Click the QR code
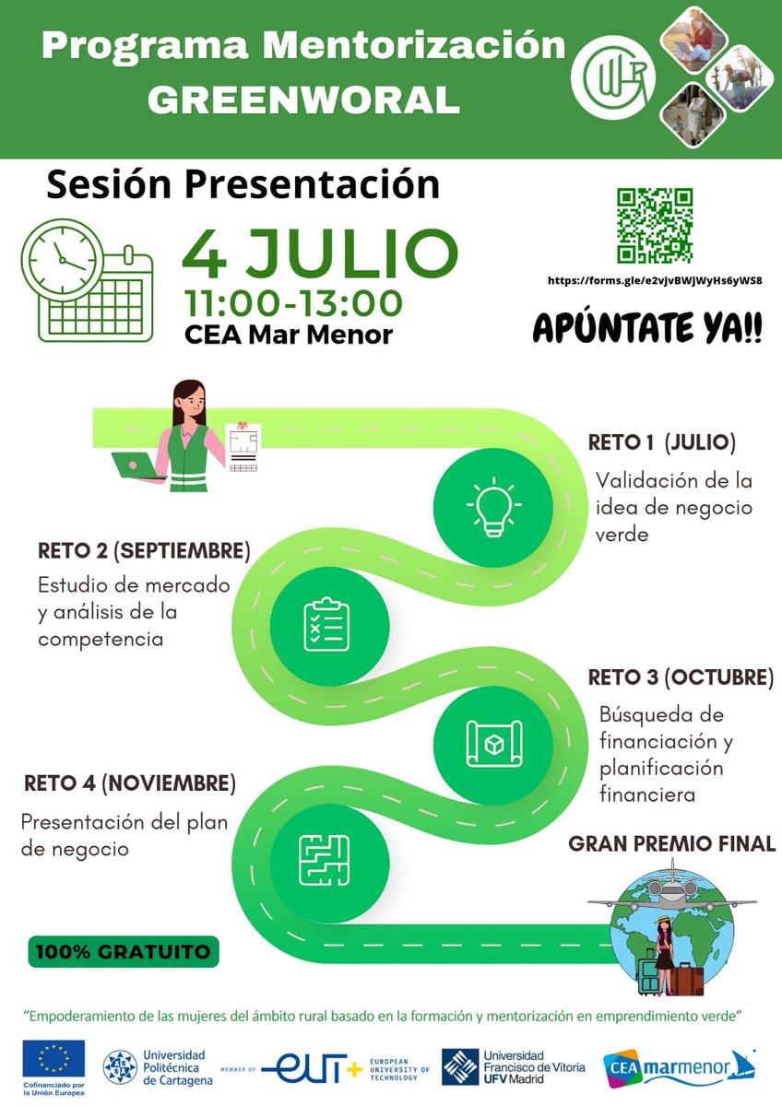[655, 226]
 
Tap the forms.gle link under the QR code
[655, 280]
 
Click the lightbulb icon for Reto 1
[493, 507]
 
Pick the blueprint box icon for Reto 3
[493, 742]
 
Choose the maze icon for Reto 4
[325, 859]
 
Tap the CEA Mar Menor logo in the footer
[679, 1067]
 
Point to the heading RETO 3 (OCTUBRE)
[681, 677]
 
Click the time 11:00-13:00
[293, 302]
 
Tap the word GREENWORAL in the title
[303, 100]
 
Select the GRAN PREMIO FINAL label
[671, 843]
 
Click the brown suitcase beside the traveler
[688, 978]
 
